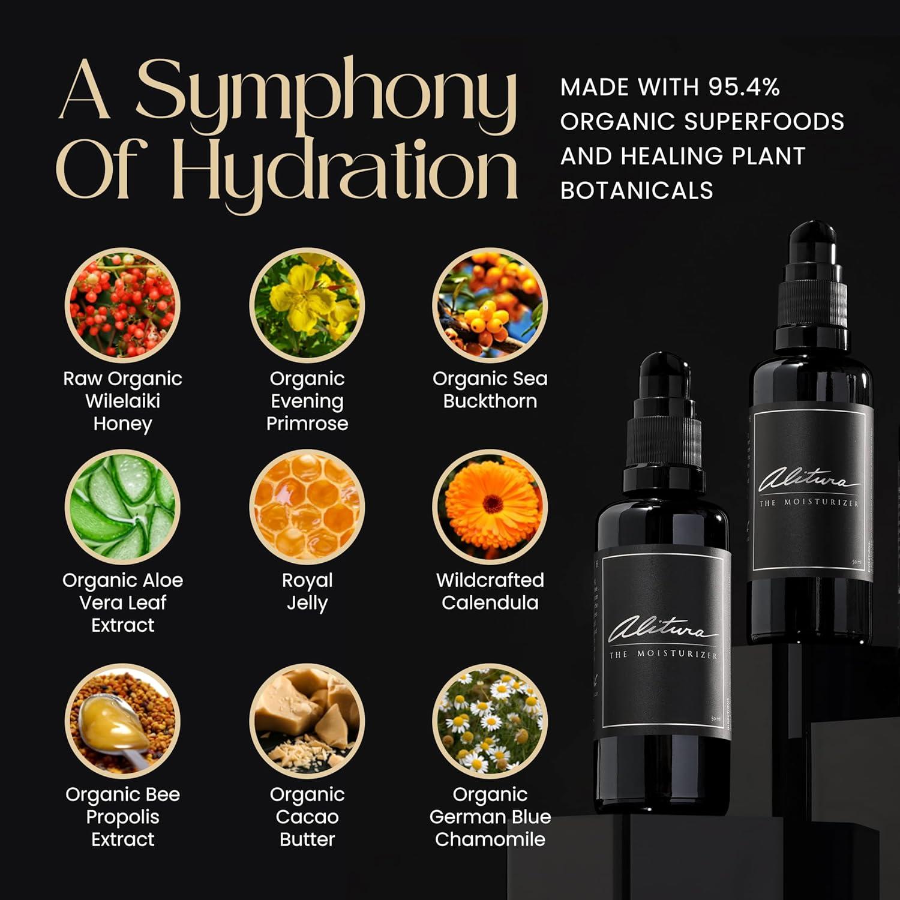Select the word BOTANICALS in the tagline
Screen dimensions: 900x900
point(637,191)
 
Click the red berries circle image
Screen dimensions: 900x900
point(122,305)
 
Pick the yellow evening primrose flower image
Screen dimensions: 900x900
point(307,305)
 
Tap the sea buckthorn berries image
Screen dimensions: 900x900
point(490,305)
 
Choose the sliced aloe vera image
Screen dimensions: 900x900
point(122,507)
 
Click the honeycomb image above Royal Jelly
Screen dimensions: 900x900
point(307,507)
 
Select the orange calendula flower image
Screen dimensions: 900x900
point(490,507)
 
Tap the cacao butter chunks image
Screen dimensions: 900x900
point(307,720)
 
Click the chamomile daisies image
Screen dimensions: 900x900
point(490,720)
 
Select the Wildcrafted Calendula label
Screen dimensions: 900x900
point(490,591)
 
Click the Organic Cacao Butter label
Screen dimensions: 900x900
point(307,817)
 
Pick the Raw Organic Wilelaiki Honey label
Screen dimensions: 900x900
point(122,401)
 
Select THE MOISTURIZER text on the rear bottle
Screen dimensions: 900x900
point(809,503)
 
